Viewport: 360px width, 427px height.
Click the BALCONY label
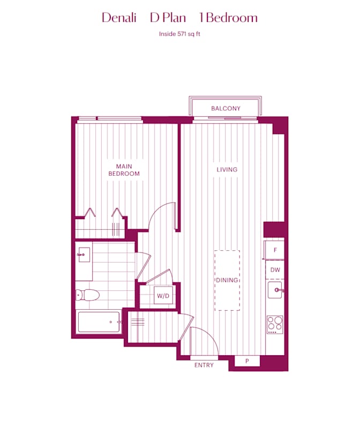(x=226, y=109)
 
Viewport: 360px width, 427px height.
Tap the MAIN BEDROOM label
(x=124, y=170)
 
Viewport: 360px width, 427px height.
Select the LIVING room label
(x=227, y=170)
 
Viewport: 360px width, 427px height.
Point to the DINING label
(x=227, y=280)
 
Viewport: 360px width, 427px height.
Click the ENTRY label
(x=204, y=365)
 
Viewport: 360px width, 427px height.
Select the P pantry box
(x=247, y=362)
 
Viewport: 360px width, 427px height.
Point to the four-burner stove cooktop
(x=275, y=324)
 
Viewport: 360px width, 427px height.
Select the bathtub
(x=99, y=323)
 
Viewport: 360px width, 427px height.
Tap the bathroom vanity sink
(x=83, y=254)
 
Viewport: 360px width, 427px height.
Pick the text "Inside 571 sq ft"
(x=180, y=34)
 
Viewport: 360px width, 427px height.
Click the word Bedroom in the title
(x=231, y=18)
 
